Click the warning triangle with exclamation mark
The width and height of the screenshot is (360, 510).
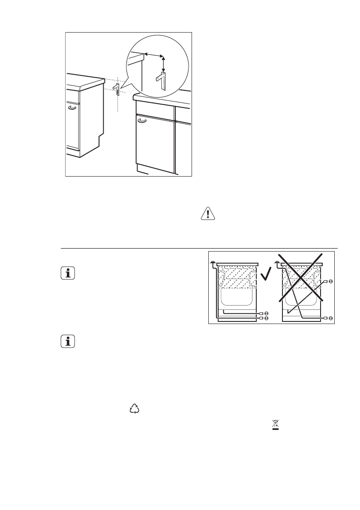coord(208,214)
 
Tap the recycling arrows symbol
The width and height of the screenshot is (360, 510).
coord(135,409)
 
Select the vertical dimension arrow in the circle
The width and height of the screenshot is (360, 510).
coord(163,64)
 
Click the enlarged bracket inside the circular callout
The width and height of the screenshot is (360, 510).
coord(161,81)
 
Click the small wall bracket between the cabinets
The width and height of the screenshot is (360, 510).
coord(116,89)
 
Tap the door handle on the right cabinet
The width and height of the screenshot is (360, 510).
coord(142,122)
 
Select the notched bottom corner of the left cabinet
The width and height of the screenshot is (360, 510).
coord(99,141)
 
